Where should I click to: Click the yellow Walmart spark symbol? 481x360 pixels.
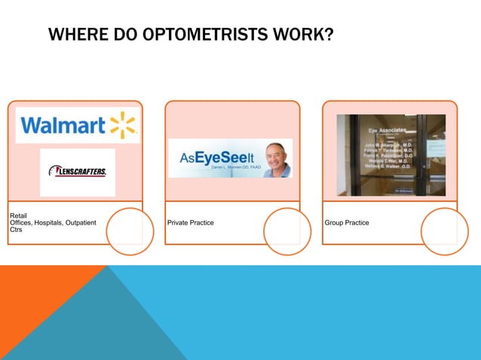click(122, 125)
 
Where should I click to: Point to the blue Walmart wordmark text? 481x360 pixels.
click(63, 126)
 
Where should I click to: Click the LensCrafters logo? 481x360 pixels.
click(78, 171)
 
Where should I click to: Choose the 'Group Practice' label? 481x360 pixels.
click(347, 223)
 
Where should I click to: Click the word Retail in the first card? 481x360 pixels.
click(17, 216)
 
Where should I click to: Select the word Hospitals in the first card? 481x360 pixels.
click(50, 223)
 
